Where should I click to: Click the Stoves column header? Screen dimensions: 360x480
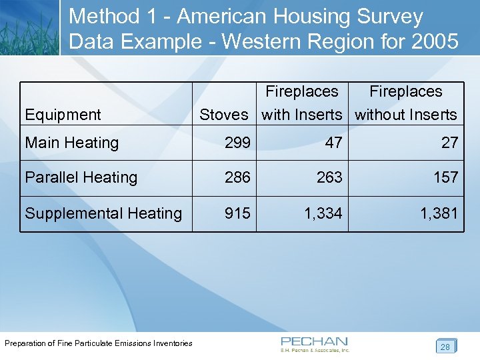point(223,115)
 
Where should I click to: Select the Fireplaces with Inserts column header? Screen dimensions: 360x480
point(302,103)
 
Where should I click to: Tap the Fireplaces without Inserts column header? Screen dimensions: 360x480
point(406,103)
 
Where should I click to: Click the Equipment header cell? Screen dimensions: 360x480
point(63,115)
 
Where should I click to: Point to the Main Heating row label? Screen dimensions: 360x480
point(71,143)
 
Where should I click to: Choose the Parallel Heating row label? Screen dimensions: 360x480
point(81,177)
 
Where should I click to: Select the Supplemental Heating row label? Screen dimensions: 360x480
point(103,213)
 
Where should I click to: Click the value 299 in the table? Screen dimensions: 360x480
point(237,143)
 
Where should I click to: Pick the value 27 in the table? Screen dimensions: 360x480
point(449,143)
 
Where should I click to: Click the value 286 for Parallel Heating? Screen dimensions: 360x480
point(237,177)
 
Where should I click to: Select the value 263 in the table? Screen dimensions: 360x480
point(329,177)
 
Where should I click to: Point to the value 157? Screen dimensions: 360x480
point(445,177)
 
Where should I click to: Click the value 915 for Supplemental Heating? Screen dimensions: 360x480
point(237,213)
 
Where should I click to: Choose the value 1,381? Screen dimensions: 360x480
point(439,213)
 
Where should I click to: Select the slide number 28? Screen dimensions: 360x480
point(445,347)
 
